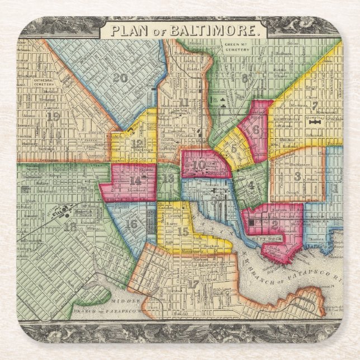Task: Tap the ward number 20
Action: [120, 78]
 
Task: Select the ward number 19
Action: [54, 116]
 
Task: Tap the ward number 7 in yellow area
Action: [315, 105]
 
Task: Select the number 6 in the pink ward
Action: [256, 130]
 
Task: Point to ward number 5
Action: [234, 148]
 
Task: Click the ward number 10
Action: [200, 165]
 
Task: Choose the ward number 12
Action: [137, 143]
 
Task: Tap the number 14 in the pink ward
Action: [135, 181]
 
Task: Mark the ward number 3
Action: [297, 176]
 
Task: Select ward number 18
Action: [70, 226]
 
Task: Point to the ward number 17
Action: [193, 283]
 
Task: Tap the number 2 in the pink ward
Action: [274, 224]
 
